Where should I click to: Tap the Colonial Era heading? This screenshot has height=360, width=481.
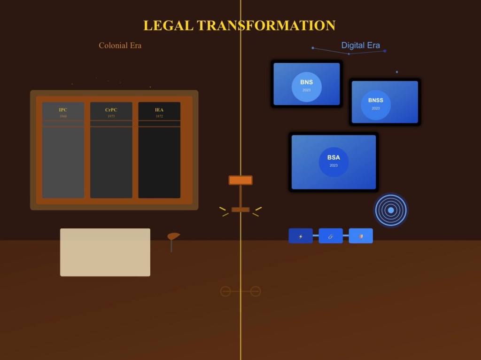click(120, 46)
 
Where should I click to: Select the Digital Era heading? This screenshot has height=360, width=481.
click(360, 46)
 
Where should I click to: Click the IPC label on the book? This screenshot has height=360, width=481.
click(63, 110)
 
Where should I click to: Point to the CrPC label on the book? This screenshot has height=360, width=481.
click(111, 110)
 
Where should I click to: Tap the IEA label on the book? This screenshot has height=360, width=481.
click(159, 110)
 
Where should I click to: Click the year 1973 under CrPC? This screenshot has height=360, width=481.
click(111, 116)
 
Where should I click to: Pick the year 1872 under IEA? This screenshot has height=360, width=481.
click(159, 116)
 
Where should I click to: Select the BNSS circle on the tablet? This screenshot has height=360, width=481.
click(376, 105)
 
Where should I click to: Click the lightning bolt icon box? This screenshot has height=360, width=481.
click(301, 236)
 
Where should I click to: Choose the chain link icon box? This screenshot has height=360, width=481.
click(331, 236)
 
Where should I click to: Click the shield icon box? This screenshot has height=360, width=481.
click(361, 236)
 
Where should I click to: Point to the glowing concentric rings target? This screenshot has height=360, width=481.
click(391, 210)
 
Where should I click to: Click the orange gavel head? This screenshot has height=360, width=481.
click(240, 180)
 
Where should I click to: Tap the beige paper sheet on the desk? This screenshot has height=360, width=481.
click(105, 252)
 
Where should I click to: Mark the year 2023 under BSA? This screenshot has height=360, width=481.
click(334, 165)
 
